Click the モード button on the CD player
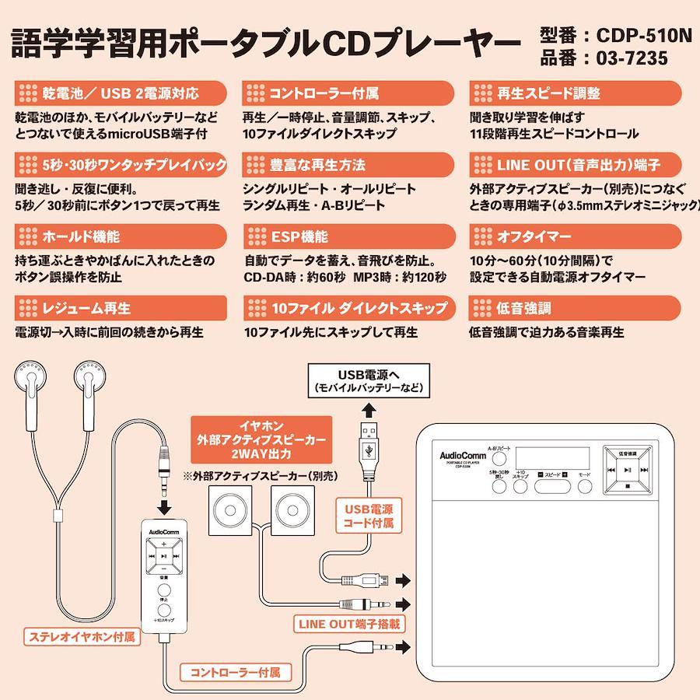click(584, 485)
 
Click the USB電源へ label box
click(369, 380)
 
